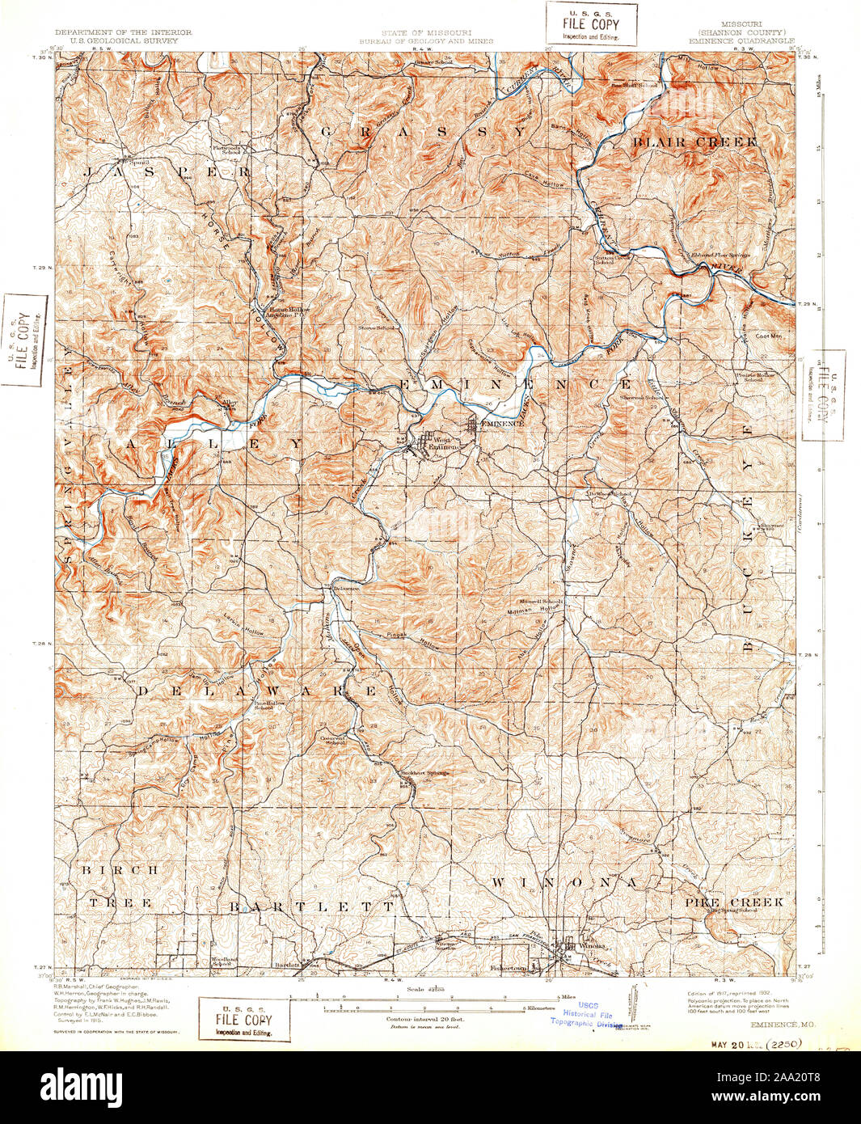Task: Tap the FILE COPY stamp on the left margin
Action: [24, 340]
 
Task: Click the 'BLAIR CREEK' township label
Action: [695, 142]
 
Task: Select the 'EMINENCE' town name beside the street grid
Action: [502, 423]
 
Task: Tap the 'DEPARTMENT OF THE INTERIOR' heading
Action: [123, 32]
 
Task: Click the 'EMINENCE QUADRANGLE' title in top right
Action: [741, 40]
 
